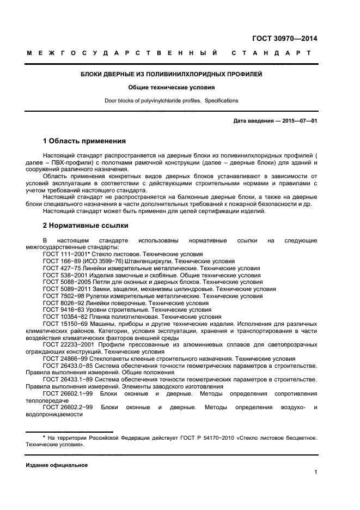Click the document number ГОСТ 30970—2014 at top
[284, 39]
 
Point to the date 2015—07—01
[299, 121]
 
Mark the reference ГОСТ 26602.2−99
[68, 407]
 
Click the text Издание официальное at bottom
[57, 465]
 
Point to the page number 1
[315, 472]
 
